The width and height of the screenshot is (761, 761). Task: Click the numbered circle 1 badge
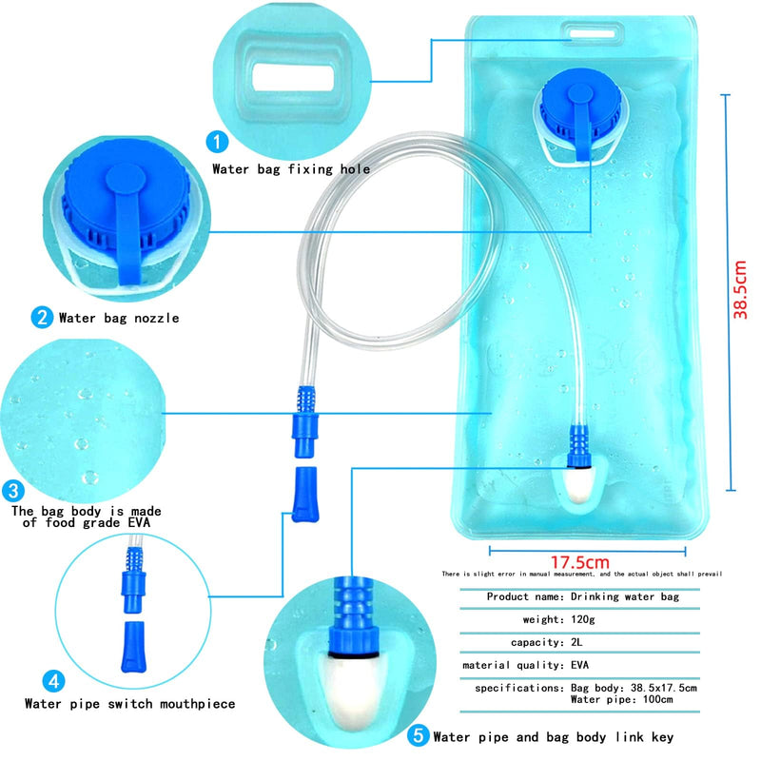coord(217,142)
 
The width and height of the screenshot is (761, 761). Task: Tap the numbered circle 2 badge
coord(42,318)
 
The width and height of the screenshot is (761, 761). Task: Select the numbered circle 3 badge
coord(13,491)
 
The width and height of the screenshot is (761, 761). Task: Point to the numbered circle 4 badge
coord(54,681)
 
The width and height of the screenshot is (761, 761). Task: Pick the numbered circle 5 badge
coord(418,735)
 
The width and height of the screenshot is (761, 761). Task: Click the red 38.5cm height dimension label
coord(740,290)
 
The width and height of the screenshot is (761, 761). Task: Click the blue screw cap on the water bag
coord(580,110)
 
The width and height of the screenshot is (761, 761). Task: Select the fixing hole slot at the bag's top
coord(592,34)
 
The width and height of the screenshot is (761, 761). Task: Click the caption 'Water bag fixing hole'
coord(291,169)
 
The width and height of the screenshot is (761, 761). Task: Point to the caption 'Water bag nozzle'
coord(119,318)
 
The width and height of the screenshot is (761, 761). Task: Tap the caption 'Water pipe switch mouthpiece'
coord(130,703)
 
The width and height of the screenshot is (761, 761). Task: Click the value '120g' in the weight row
coord(583,619)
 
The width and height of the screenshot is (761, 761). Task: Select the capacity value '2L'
coord(576,642)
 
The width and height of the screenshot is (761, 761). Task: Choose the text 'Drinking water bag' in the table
coord(625,596)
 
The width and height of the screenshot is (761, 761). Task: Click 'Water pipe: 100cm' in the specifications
coord(622,699)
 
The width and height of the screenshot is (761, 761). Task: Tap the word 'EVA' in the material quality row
coord(579,665)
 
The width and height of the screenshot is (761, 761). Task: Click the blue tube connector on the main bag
coord(579,446)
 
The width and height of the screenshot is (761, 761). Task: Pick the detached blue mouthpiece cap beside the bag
coord(304,494)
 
